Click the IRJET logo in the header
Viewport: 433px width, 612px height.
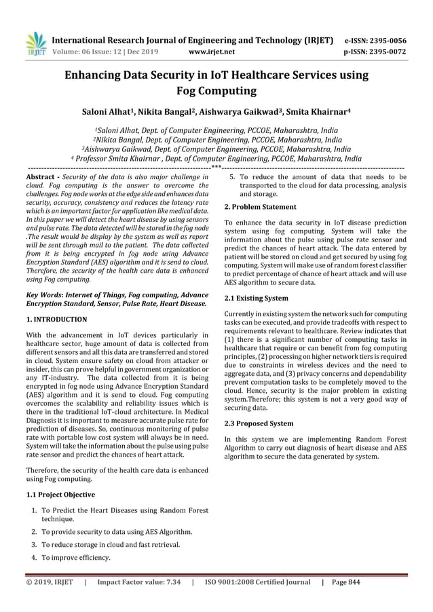(33, 43)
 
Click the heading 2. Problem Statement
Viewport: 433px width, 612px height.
(260, 206)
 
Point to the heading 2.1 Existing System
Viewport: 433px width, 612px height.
(256, 298)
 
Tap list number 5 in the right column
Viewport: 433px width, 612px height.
(232, 178)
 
